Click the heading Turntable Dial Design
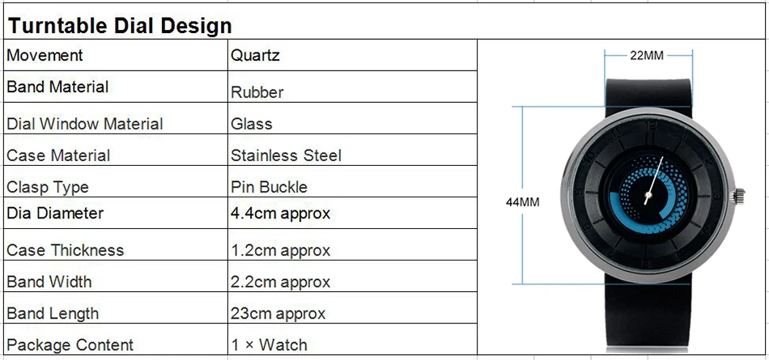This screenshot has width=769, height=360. coord(120,26)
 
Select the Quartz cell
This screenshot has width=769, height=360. coord(255,55)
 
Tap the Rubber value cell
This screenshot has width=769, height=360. coord(257,91)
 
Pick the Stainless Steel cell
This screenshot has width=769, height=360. coord(286,155)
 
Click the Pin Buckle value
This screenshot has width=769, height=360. coord(270,187)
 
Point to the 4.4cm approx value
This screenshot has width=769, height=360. coord(281,214)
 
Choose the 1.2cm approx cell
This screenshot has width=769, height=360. coord(281,251)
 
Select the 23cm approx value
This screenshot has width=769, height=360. coord(278,313)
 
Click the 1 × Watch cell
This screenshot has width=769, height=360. coord(270,345)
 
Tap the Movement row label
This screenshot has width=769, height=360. coord(45,55)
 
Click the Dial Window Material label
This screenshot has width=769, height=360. coord(84,124)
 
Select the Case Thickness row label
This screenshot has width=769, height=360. coord(65,250)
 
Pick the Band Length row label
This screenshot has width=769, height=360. coord(53,313)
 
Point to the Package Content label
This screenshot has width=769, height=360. coord(70,345)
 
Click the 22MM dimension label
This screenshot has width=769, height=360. coord(647,56)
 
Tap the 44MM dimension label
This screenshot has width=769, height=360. coord(523,201)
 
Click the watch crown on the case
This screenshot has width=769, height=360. coord(738,196)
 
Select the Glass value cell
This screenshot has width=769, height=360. coord(252,124)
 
